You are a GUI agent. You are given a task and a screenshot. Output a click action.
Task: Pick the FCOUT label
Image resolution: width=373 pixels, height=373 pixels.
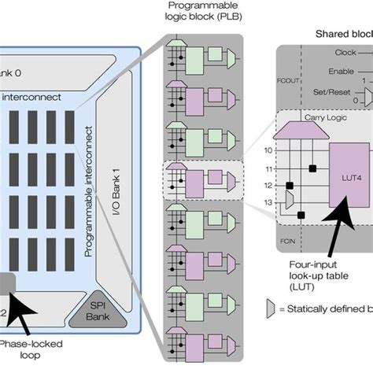[x=285, y=79]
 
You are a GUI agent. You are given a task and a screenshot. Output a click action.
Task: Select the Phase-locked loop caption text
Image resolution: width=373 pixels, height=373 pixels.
[x=31, y=349]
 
